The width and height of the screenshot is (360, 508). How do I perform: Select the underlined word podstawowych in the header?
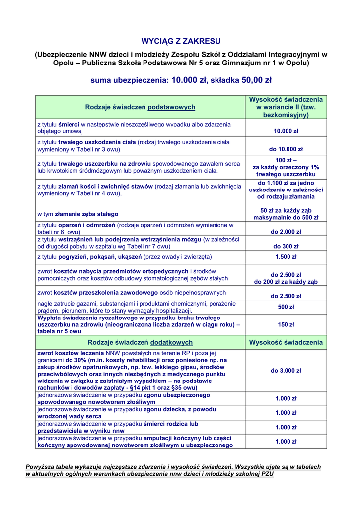coord(171,107)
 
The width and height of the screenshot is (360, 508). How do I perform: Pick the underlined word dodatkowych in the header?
coord(171,342)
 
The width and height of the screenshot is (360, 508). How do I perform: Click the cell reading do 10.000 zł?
coord(286,149)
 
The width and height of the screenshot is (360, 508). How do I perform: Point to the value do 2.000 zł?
coord(286,232)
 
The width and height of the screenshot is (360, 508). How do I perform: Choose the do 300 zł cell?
coord(286,246)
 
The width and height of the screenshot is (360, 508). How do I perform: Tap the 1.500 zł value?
coord(286,257)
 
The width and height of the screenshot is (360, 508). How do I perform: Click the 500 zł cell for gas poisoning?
coord(286,307)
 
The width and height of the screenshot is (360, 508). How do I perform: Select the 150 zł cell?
coord(286,325)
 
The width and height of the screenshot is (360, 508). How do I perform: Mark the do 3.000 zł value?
coord(286,370)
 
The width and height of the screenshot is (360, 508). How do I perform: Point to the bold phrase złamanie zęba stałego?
coord(87,214)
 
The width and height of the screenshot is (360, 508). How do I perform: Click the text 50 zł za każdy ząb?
coord(286,210)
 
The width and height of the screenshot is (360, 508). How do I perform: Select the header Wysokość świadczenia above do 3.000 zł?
coord(286,342)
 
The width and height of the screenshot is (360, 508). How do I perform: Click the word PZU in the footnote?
coord(267,474)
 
